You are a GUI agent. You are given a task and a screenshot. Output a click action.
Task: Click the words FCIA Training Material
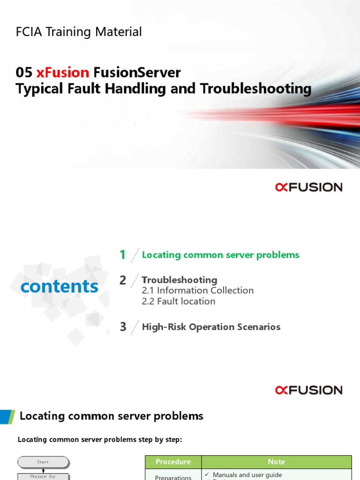[79, 32]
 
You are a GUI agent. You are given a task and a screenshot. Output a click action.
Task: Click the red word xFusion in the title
[62, 73]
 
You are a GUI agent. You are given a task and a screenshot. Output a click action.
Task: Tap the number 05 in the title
[24, 73]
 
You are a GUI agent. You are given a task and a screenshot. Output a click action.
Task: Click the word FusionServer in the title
[137, 73]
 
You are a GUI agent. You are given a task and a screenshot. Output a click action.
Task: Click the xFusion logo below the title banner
[308, 187]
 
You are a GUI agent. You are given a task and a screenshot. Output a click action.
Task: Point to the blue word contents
[60, 286]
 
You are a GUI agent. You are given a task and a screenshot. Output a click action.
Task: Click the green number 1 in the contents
[122, 255]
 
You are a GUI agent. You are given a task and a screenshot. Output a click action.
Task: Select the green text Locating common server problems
[220, 255]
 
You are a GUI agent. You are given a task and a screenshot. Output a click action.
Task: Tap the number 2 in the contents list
[123, 280]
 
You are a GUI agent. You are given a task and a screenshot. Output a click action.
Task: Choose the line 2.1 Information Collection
[197, 291]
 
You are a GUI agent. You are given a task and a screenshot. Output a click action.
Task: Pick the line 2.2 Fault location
[178, 301]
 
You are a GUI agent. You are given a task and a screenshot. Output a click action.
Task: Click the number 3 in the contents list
[123, 327]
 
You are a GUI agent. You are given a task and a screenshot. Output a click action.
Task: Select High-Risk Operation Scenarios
[211, 327]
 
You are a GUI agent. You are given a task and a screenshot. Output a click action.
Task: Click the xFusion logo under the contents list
[308, 390]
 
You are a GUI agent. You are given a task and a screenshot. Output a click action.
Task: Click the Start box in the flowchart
[43, 462]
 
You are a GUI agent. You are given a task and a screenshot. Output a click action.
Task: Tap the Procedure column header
[173, 462]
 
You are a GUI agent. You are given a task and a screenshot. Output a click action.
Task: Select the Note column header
[276, 462]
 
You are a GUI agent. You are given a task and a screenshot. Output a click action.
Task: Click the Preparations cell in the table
[173, 477]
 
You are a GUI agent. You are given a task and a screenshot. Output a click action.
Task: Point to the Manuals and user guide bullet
[247, 475]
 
